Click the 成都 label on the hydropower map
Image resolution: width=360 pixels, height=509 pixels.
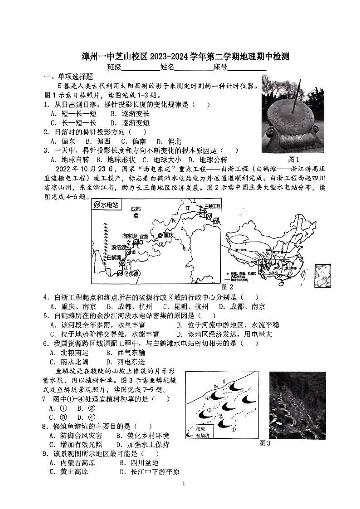point(136,208)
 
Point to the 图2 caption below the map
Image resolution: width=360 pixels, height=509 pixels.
point(227,287)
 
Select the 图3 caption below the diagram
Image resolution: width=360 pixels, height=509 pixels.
point(264,443)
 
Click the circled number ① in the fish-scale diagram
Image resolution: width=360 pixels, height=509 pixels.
point(234,428)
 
